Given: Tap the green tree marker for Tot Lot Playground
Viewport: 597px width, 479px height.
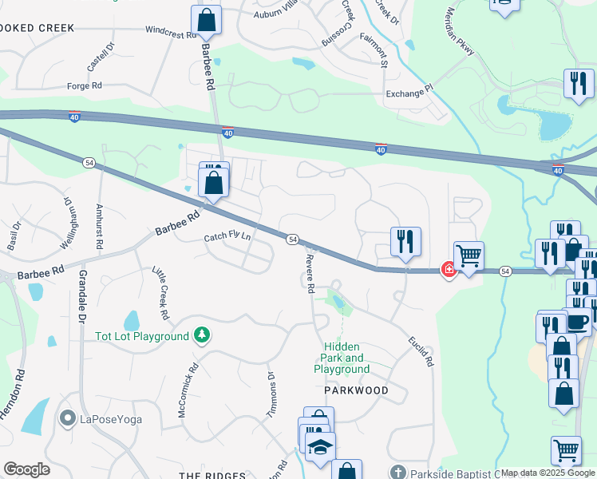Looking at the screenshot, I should pyautogui.click(x=203, y=335).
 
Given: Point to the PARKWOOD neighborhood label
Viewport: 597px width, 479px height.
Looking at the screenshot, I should pyautogui.click(x=356, y=390).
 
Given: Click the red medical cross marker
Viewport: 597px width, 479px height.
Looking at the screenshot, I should pyautogui.click(x=449, y=271).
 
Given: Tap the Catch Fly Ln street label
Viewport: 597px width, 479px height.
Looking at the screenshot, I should pyautogui.click(x=227, y=237).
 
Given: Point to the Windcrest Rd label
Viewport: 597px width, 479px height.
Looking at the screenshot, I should pyautogui.click(x=171, y=35).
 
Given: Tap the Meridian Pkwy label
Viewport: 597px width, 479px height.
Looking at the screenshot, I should pyautogui.click(x=461, y=32).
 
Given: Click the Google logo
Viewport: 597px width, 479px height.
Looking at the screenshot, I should pyautogui.click(x=26, y=469).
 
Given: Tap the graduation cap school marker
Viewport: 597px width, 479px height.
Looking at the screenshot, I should pyautogui.click(x=320, y=447).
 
